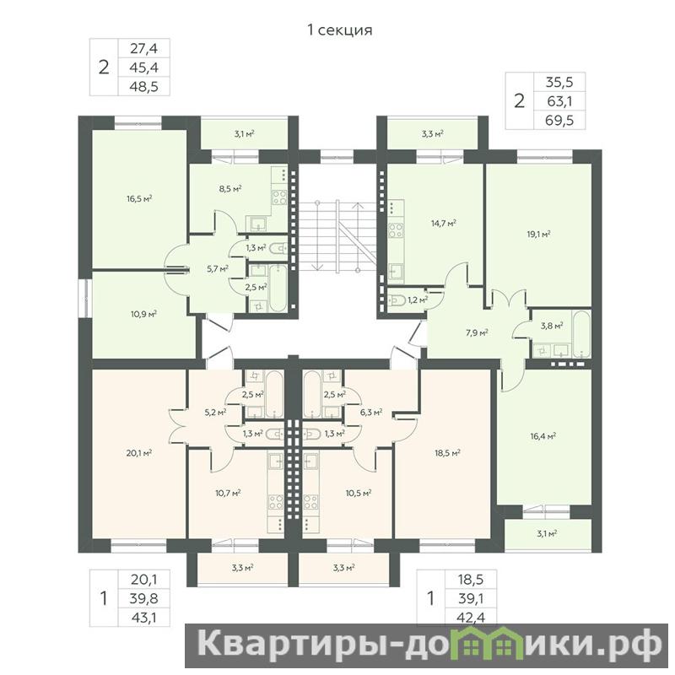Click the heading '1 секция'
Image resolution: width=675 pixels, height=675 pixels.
(340, 30)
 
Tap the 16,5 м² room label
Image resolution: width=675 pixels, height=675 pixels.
(140, 198)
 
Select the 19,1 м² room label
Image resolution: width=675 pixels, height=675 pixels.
(539, 235)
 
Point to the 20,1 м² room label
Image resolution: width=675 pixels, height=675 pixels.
(139, 452)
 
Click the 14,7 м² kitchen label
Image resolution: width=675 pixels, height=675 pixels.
(444, 223)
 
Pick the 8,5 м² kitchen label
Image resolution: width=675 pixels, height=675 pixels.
(230, 188)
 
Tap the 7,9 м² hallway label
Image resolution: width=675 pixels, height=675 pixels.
(477, 332)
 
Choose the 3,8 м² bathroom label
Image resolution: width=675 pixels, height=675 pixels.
(552, 326)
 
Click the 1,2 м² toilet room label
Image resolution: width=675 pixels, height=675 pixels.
(418, 300)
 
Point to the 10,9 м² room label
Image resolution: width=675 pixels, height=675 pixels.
(143, 314)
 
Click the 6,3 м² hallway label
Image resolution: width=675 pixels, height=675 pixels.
(371, 412)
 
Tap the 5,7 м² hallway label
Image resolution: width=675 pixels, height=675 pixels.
(218, 269)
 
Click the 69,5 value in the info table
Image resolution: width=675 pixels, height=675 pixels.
(559, 120)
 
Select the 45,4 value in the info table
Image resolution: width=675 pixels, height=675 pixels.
(144, 67)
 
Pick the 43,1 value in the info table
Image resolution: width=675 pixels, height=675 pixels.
(144, 618)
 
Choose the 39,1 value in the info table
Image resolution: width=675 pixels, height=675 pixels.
(472, 598)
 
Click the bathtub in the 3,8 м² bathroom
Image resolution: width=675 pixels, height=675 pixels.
(583, 334)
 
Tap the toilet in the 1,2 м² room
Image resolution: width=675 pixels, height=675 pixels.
(395, 300)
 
